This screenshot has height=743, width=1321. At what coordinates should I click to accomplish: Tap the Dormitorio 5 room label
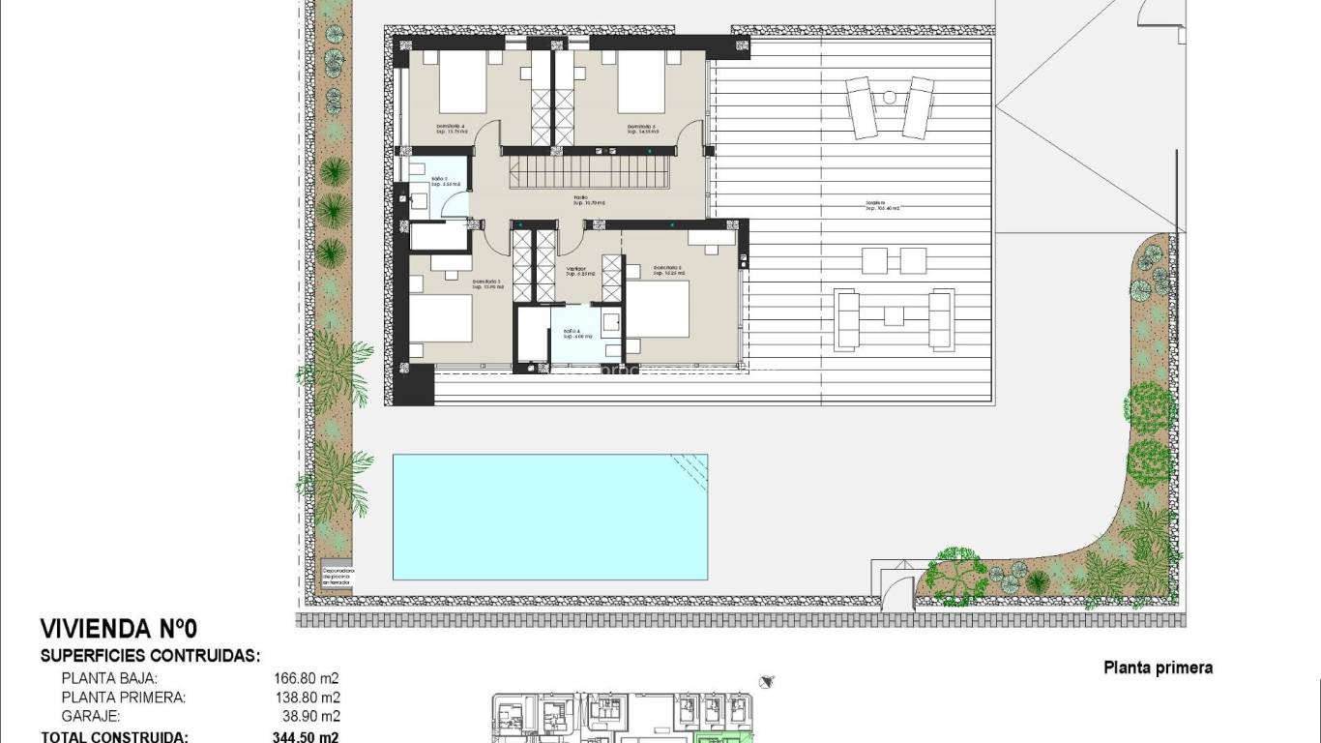point(641,127)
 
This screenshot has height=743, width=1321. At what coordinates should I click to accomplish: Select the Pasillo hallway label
point(588,201)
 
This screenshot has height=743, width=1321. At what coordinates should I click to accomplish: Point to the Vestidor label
point(578,271)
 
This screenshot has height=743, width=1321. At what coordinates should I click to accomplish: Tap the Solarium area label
point(881,206)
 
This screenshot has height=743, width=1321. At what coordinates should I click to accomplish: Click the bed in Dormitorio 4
point(462,82)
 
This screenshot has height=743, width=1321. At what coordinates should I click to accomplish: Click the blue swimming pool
point(549,517)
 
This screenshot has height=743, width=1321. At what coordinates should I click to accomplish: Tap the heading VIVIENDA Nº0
point(119,629)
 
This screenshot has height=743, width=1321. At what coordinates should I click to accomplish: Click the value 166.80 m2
point(307,678)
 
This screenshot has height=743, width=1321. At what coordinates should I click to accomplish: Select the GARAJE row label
point(91,716)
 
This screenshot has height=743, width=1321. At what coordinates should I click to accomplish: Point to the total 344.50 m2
point(307,736)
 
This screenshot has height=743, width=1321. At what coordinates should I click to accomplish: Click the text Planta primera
point(1158,668)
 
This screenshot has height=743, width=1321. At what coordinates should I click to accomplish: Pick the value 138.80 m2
point(307,697)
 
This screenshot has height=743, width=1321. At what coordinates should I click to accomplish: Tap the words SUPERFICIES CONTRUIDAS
point(150,655)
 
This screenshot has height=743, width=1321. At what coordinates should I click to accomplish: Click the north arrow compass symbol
point(768,682)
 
